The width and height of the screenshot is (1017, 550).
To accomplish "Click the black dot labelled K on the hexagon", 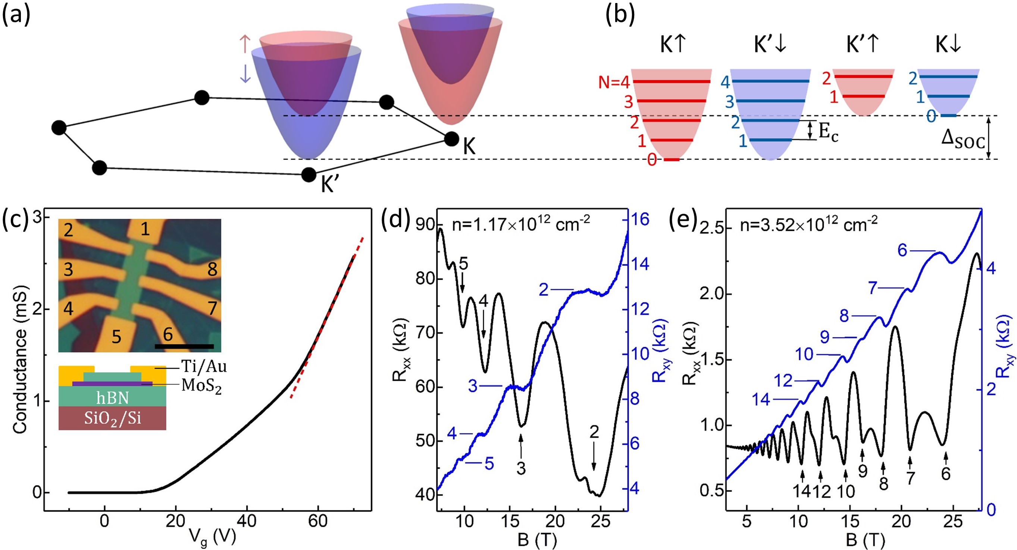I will tap(452, 139).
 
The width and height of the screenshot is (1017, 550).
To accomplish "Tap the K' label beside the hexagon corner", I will tap(330, 184).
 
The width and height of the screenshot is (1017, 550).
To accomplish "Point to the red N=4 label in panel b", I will tap(613, 82).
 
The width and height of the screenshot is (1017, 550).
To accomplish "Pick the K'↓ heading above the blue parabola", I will tap(770, 45).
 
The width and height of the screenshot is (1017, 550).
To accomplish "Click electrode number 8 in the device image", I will tap(212, 270).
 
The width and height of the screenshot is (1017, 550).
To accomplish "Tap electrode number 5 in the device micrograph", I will tap(116, 337).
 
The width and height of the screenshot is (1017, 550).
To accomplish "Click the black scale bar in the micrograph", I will tap(184, 346).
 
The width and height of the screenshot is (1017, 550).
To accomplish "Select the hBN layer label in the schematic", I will tap(113, 398).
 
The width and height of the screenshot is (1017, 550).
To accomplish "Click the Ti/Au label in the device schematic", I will tap(204, 367).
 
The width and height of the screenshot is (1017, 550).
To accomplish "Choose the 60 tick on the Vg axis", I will tap(318, 521).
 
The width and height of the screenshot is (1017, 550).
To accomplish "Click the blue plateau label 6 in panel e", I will tap(902, 250).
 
